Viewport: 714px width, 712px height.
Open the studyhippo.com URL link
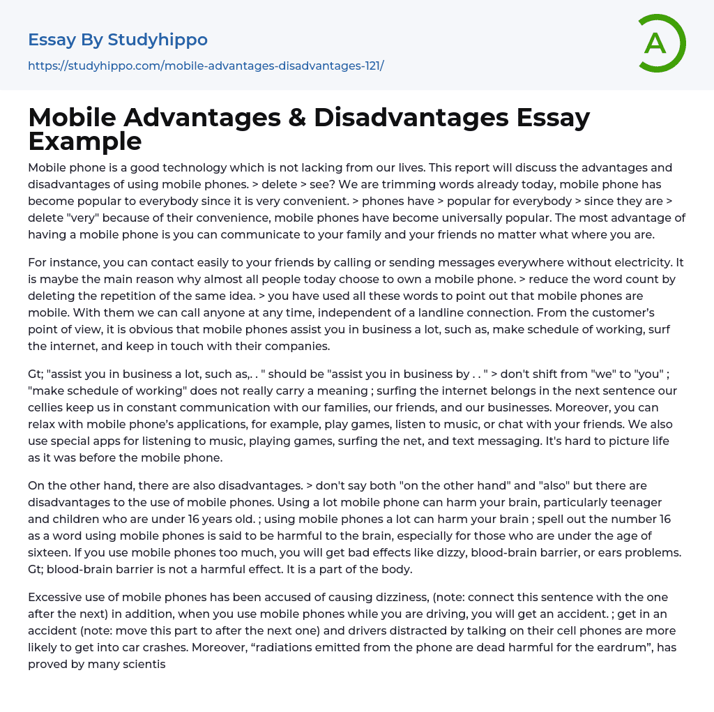pos(206,66)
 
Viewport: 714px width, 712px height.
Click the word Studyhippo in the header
pos(158,40)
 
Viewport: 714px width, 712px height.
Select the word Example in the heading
pos(85,141)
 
